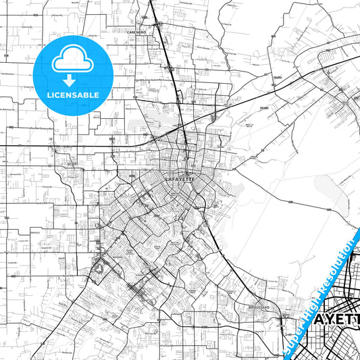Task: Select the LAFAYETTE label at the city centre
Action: (180, 180)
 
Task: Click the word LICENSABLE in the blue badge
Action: (73, 95)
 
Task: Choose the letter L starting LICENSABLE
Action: (49, 95)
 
